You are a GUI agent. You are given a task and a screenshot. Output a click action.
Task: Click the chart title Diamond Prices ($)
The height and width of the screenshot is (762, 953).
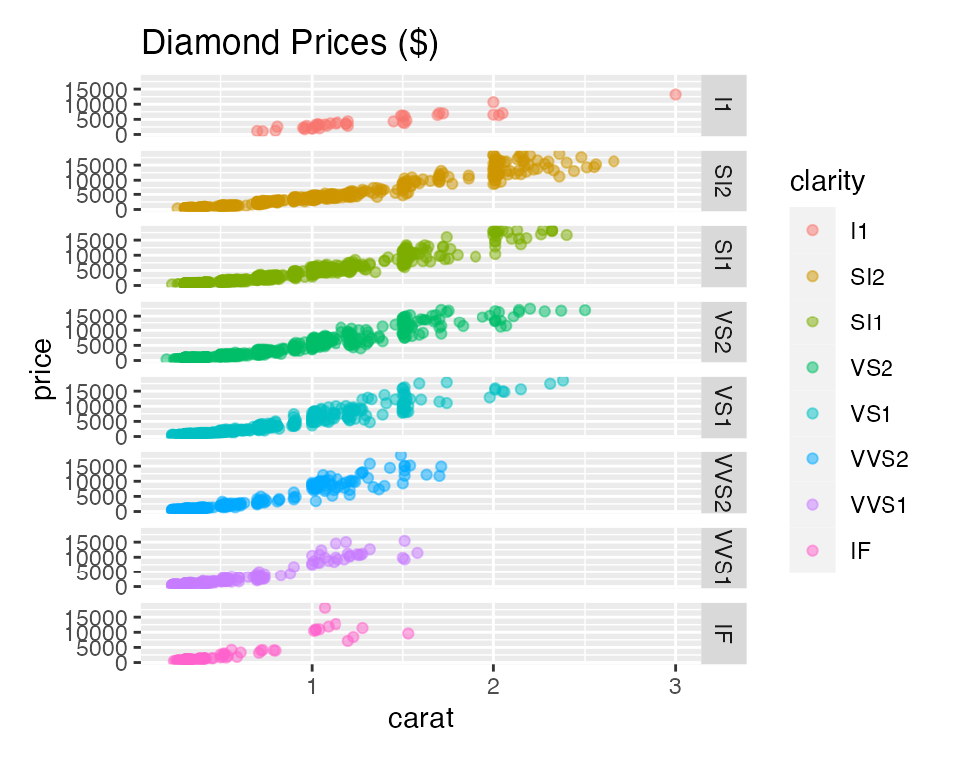click(290, 44)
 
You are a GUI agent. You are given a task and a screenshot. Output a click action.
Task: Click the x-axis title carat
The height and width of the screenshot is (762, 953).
click(420, 718)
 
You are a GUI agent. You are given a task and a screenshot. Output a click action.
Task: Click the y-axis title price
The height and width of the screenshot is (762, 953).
click(42, 368)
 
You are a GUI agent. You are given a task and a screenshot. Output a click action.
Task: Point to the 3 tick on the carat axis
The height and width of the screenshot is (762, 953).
click(675, 687)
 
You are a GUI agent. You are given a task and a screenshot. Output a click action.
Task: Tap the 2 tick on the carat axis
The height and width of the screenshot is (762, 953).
click(493, 687)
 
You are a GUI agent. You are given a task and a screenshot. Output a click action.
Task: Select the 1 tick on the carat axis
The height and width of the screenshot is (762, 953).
click(312, 687)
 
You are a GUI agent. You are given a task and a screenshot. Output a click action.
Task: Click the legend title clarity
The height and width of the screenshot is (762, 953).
click(827, 181)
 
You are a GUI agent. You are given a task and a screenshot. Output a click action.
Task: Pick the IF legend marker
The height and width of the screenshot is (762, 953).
click(813, 550)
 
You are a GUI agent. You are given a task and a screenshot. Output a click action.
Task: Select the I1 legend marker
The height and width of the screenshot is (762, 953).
click(813, 230)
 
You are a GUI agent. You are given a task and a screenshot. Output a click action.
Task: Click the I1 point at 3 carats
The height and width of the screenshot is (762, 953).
click(675, 95)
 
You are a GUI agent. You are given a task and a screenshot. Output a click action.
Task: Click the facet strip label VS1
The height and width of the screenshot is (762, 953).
click(724, 406)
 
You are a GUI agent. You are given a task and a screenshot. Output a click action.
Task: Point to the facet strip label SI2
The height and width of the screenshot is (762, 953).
click(724, 180)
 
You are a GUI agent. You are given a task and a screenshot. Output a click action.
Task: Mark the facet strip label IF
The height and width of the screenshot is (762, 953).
click(724, 632)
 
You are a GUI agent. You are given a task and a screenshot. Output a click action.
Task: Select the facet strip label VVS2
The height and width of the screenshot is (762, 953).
click(724, 481)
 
